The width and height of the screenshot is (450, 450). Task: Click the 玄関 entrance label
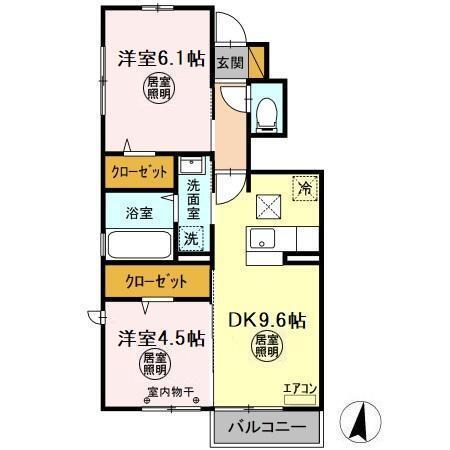coord(230,62)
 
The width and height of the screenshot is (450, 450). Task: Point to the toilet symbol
coord(268,111)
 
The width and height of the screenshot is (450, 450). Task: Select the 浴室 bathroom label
coord(140,212)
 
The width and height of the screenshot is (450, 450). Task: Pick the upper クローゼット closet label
coord(139,171)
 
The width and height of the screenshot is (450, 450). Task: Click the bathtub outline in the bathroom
coord(139,243)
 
